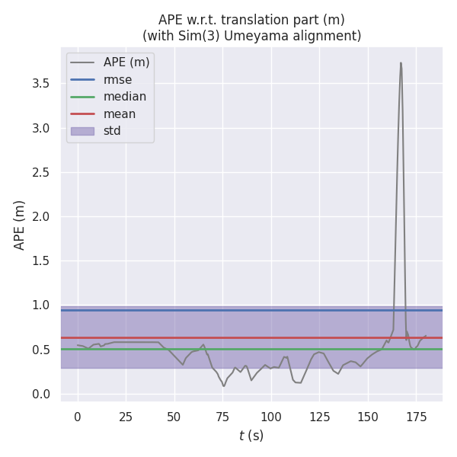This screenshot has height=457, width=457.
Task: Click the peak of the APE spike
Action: (x=401, y=63)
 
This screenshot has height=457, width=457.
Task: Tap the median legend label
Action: (x=124, y=97)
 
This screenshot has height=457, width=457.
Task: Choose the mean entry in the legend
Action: (x=120, y=114)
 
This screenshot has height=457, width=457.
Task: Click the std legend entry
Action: (x=112, y=131)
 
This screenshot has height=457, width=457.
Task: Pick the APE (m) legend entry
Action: (x=126, y=62)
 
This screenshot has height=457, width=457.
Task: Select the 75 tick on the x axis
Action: (x=222, y=417)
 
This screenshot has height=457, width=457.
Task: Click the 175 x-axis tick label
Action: (x=416, y=417)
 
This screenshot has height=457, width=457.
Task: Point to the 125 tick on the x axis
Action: (x=319, y=417)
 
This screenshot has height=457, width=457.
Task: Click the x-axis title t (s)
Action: (x=251, y=436)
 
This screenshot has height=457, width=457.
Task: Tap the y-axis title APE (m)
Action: (x=20, y=225)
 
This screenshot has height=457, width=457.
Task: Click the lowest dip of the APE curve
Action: (x=224, y=386)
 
